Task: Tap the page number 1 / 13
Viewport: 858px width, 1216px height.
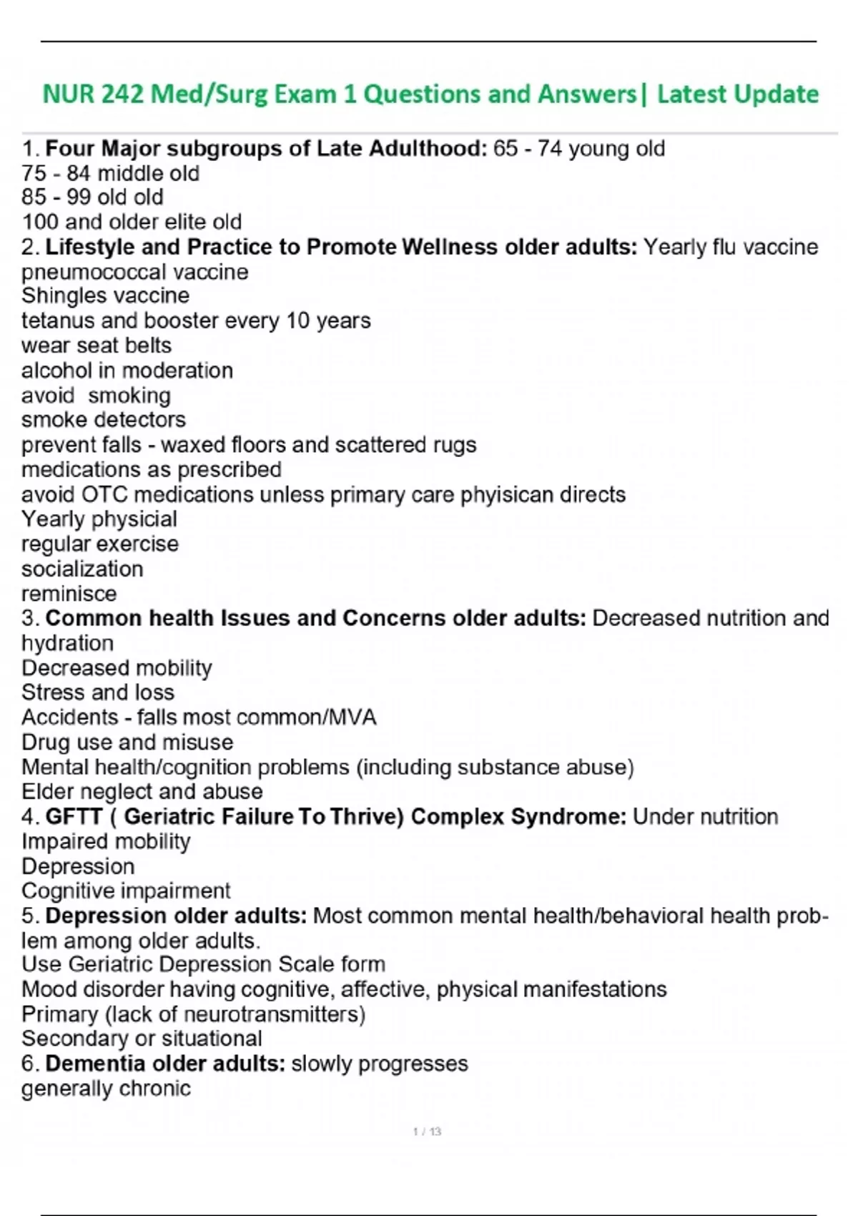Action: [427, 1132]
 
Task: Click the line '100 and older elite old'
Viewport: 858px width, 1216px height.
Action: [132, 222]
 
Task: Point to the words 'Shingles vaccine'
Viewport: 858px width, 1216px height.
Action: [105, 295]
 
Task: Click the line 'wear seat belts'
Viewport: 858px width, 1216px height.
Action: [97, 345]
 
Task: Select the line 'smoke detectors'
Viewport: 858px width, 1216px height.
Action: [104, 420]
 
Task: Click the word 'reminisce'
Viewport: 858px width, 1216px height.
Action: [69, 594]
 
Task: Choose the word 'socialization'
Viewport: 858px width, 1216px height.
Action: [82, 569]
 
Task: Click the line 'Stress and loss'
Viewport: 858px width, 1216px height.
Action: [98, 692]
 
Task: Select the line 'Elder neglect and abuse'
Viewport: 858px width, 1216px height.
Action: [142, 791]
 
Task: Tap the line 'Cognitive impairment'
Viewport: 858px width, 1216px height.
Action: [126, 891]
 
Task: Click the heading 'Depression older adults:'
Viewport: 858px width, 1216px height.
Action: [176, 916]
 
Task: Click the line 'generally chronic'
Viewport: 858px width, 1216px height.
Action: [107, 1089]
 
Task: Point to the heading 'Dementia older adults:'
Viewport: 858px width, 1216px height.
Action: [165, 1064]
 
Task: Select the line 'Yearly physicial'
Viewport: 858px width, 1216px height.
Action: [99, 519]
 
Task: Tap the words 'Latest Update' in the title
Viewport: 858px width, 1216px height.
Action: [738, 94]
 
